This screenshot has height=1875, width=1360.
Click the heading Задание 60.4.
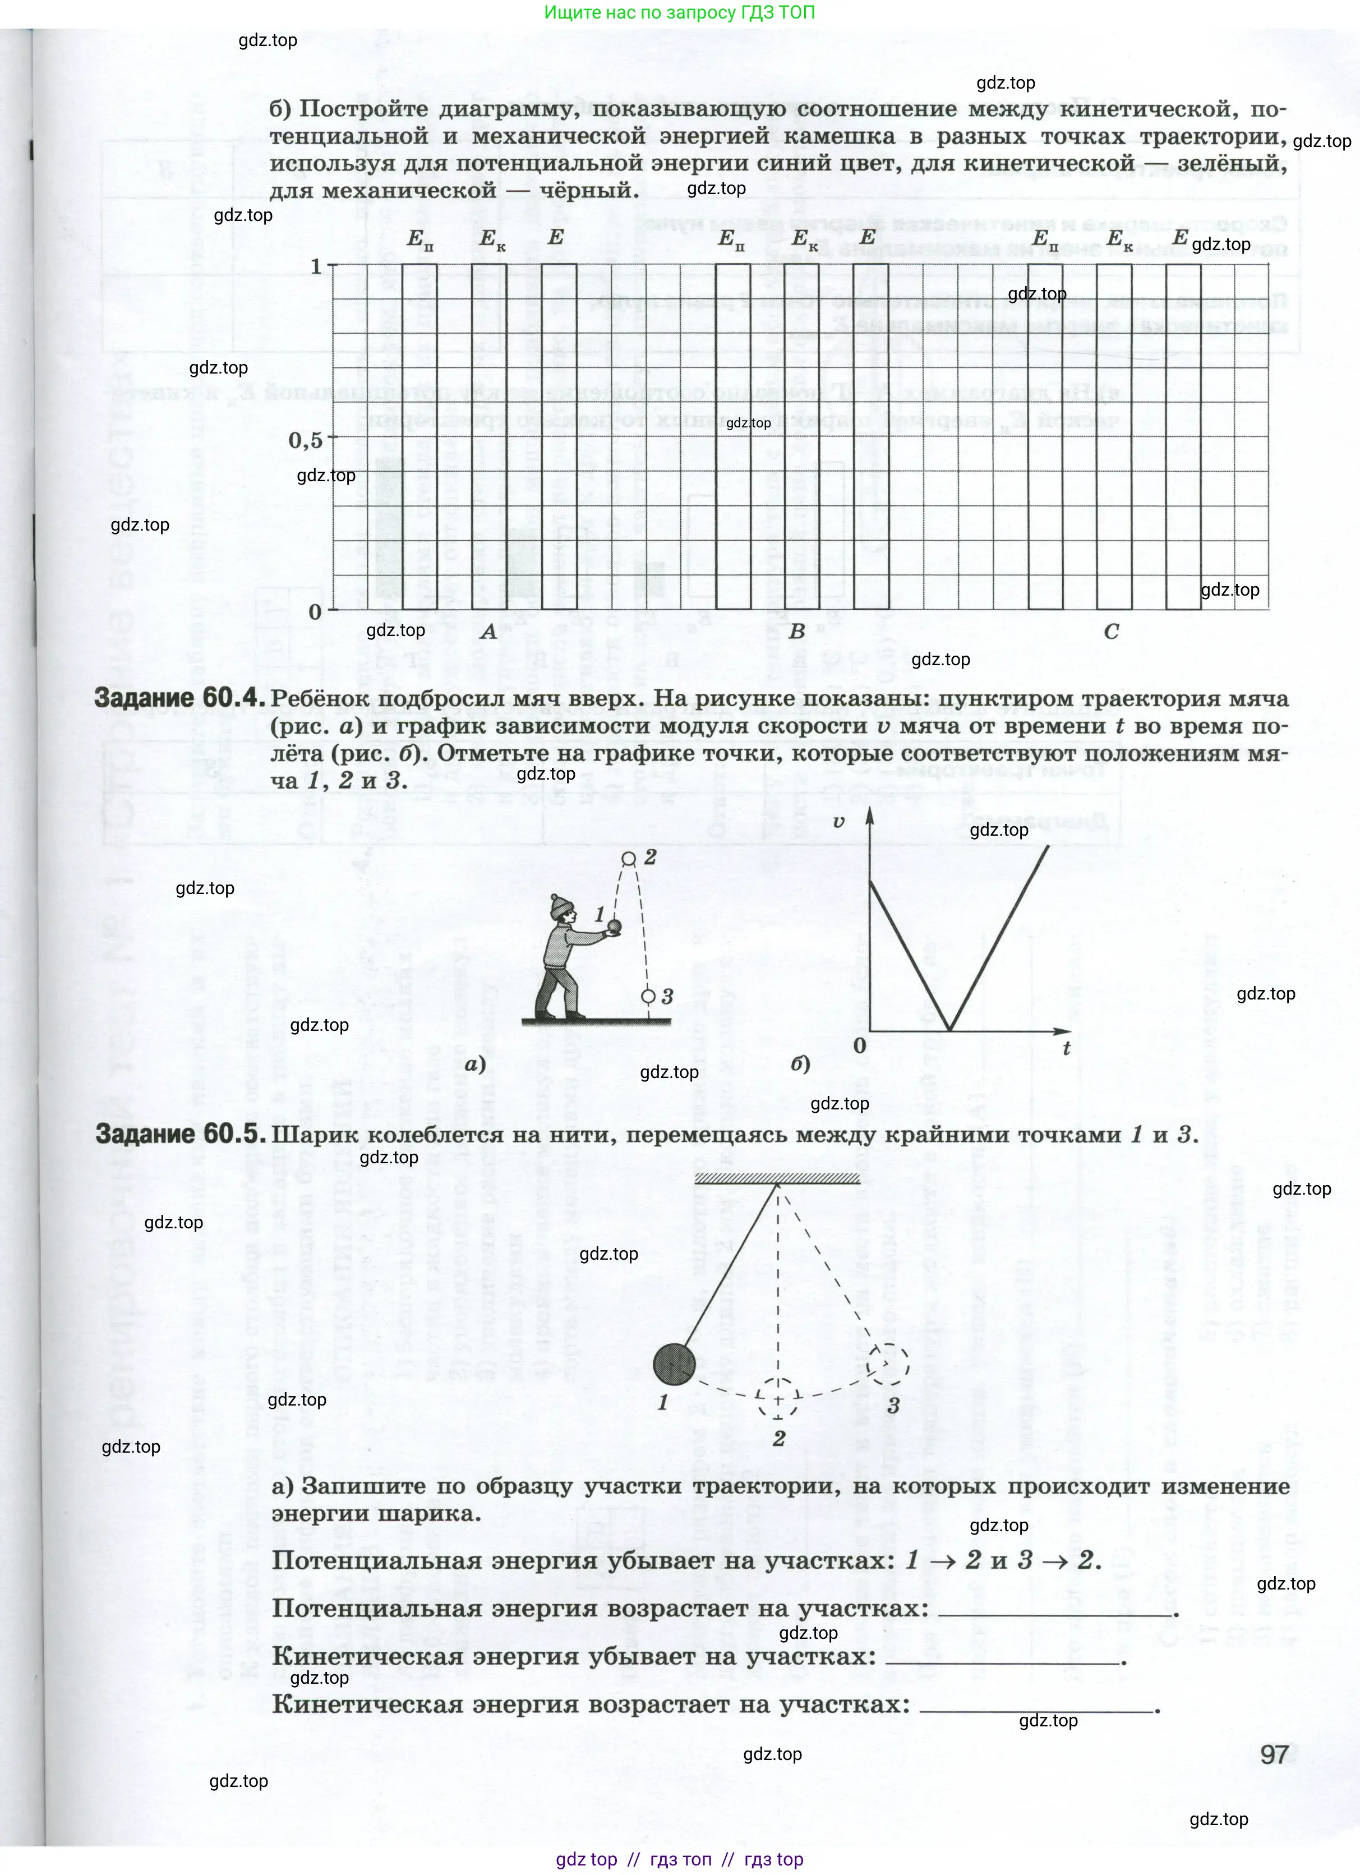[x=180, y=699]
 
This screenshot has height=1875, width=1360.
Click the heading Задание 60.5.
[x=180, y=1134]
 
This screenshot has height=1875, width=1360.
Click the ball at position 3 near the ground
[x=649, y=996]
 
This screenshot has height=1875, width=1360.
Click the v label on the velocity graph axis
[x=839, y=822]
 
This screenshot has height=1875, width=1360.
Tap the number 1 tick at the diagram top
[x=316, y=266]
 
